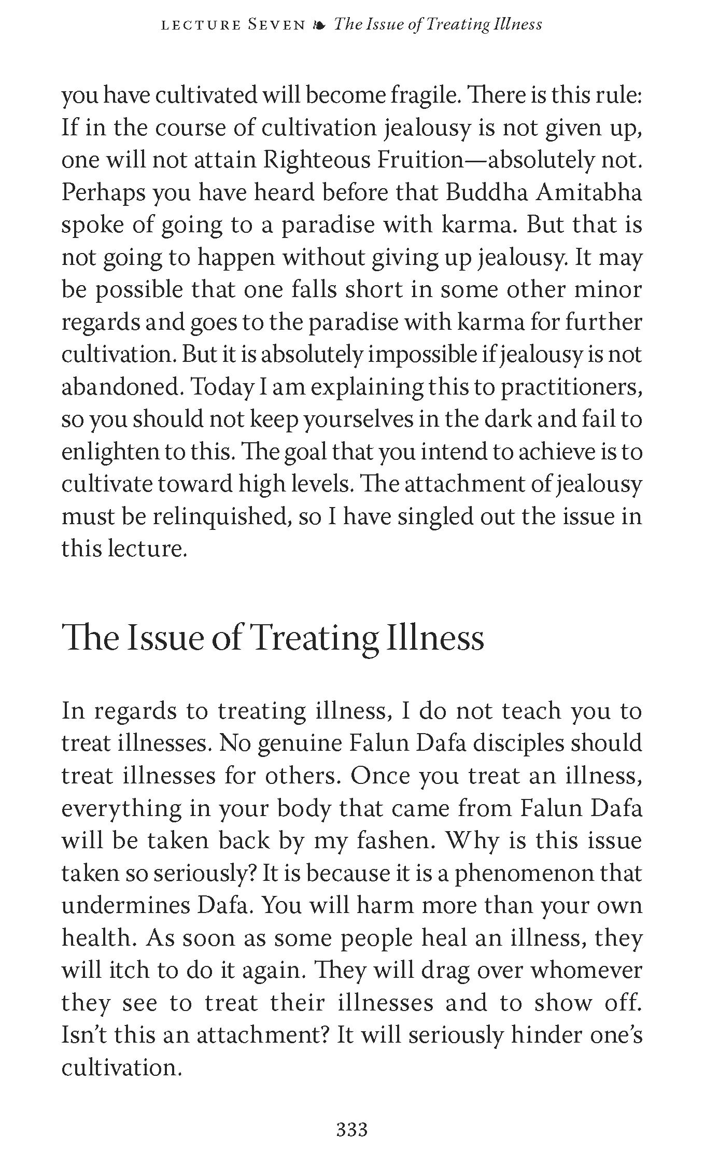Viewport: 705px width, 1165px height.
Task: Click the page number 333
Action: [352, 1129]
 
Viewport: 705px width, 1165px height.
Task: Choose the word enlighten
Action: [109, 452]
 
